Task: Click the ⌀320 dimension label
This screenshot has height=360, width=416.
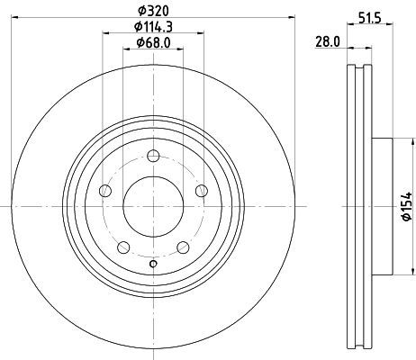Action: pyautogui.click(x=153, y=11)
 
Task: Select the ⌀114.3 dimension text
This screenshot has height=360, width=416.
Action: pyautogui.click(x=153, y=27)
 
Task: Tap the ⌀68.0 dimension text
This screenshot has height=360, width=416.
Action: pyautogui.click(x=153, y=43)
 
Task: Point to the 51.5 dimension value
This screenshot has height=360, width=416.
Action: pyautogui.click(x=370, y=18)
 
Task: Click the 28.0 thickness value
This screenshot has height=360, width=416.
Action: pyautogui.click(x=328, y=41)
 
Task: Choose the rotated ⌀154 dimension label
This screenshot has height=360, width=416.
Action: pyautogui.click(x=407, y=206)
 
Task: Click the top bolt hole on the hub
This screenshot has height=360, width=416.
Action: pyautogui.click(x=153, y=156)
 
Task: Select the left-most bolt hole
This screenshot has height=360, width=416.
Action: pyautogui.click(x=105, y=191)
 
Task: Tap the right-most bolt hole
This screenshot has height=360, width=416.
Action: pyautogui.click(x=202, y=191)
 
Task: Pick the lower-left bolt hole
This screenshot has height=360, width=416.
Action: pyautogui.click(x=123, y=247)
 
